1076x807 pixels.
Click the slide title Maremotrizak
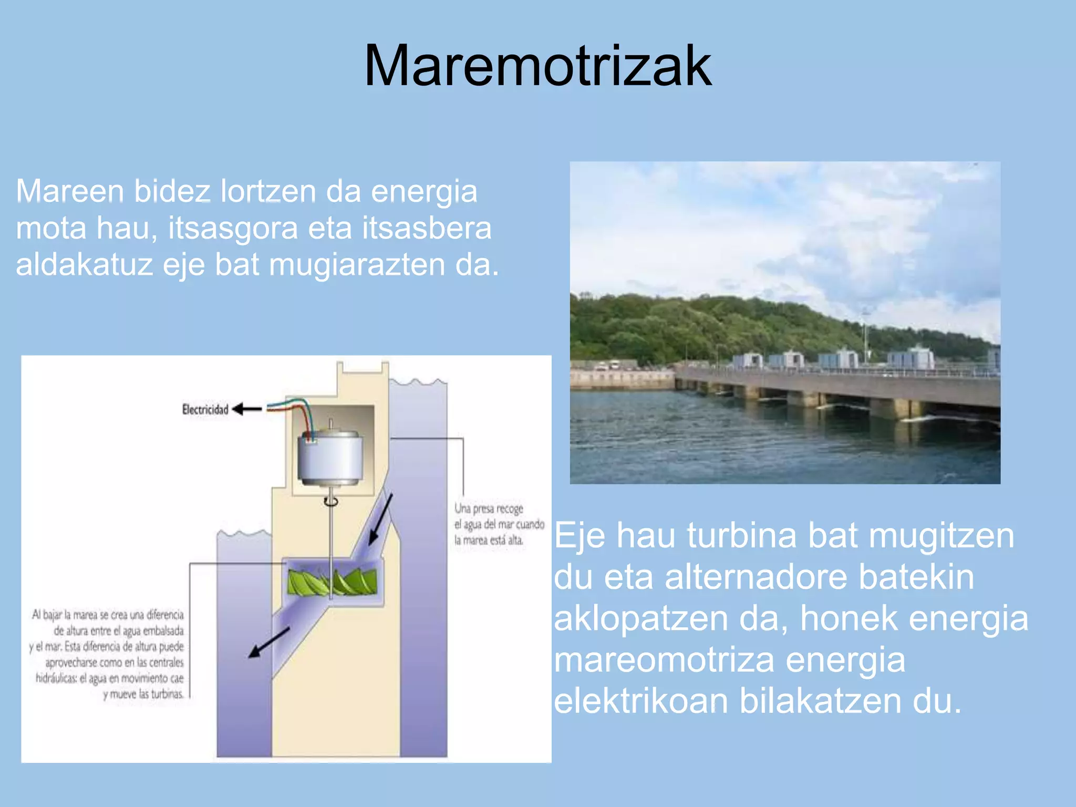click(537, 66)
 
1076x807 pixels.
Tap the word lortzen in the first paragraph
click(268, 191)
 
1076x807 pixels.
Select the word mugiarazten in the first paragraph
click(357, 265)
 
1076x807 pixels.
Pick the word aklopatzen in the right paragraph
click(641, 618)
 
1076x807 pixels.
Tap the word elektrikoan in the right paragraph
click(641, 701)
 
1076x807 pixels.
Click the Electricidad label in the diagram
click(205, 409)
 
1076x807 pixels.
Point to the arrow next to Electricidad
click(247, 409)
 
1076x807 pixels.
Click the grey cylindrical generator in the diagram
click(330, 458)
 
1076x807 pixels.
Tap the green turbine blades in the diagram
click(332, 582)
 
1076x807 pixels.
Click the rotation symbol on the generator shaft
click(330, 502)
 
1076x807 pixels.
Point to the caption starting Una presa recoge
click(499, 524)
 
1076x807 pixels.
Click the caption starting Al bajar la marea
click(108, 654)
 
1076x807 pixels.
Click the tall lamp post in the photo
click(865, 336)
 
